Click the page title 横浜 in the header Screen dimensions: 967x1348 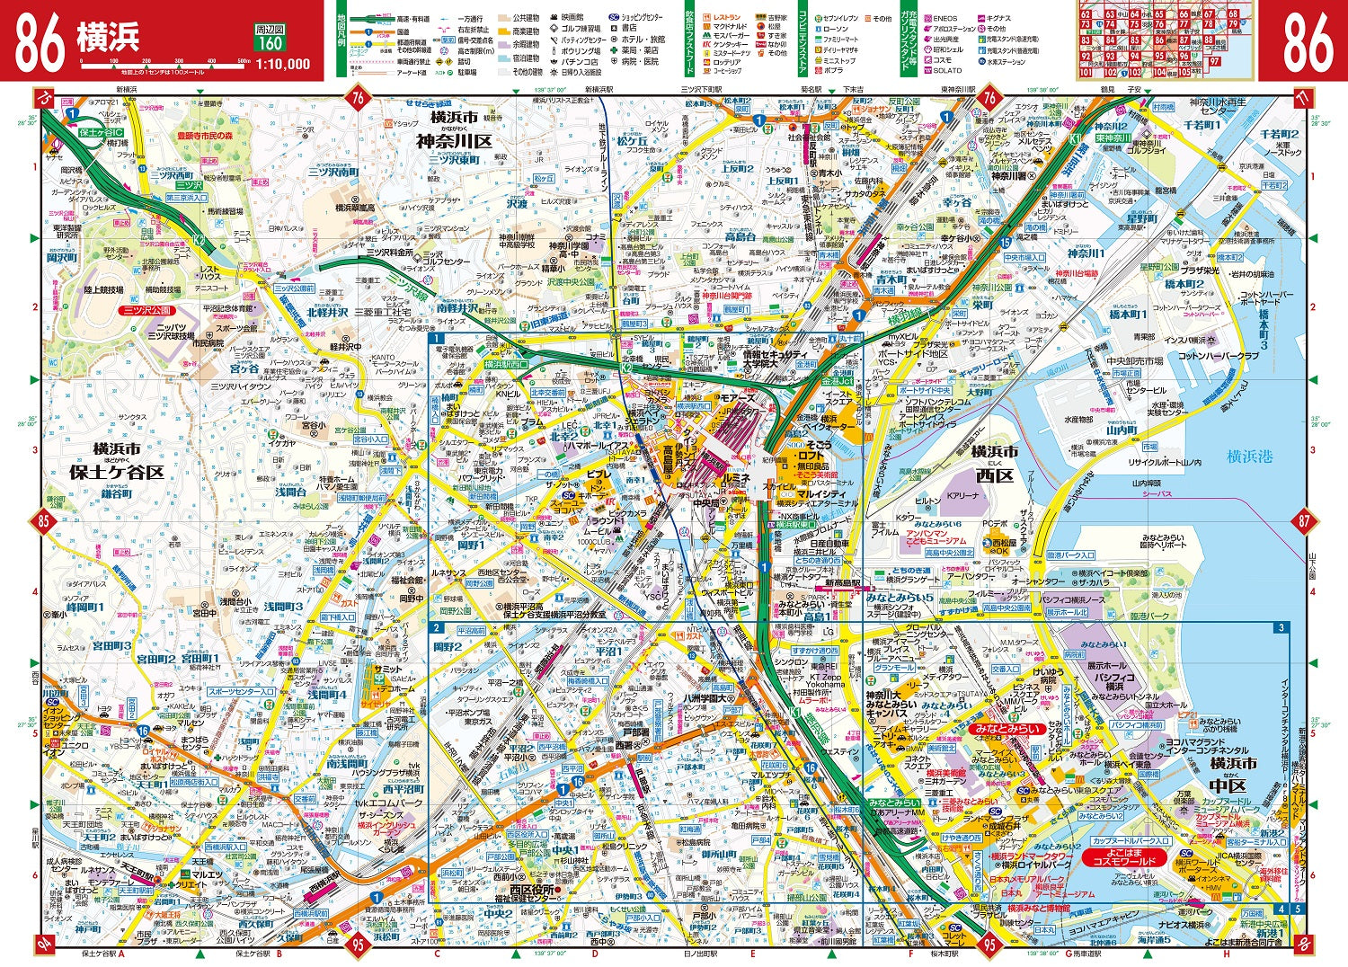(x=107, y=39)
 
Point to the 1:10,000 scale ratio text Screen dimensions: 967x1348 (x=283, y=64)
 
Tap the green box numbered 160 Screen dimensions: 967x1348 (x=269, y=43)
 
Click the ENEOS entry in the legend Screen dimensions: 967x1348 (x=945, y=18)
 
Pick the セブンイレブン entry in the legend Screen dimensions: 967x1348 (x=840, y=18)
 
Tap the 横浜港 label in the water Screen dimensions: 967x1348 (x=1250, y=457)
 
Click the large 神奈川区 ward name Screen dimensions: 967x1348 (x=454, y=141)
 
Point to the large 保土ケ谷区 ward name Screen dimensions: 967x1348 (x=117, y=472)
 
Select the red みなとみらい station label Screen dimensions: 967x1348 (x=1007, y=729)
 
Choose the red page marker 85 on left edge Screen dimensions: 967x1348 (x=42, y=520)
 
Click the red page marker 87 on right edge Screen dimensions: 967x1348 (x=1304, y=520)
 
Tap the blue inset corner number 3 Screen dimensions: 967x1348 (x=1281, y=627)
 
